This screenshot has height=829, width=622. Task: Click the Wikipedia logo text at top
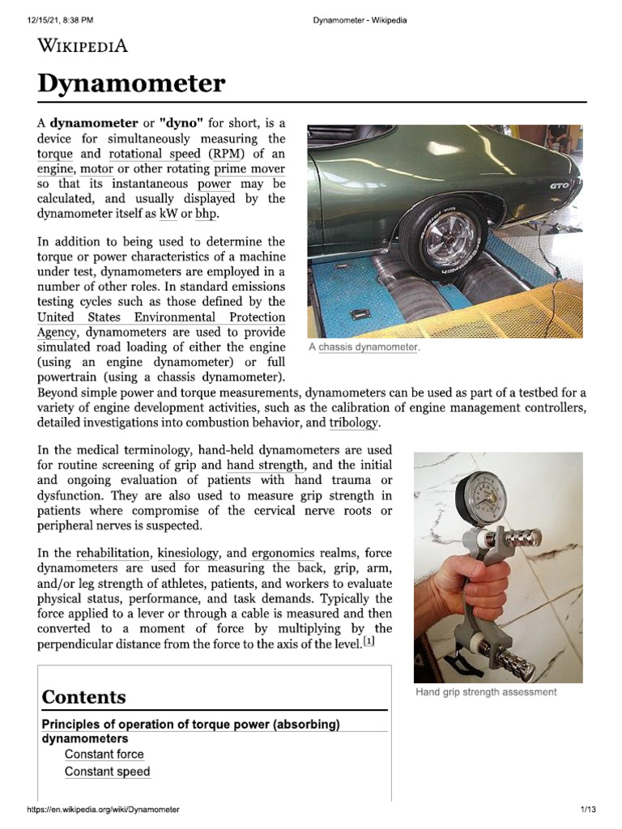click(x=83, y=45)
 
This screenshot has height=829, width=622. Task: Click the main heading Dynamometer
click(x=131, y=83)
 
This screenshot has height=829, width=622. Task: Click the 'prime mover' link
click(x=249, y=168)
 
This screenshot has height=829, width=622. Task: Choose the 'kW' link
click(x=168, y=213)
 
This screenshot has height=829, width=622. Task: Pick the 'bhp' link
click(x=207, y=213)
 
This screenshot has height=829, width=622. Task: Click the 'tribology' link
click(x=353, y=423)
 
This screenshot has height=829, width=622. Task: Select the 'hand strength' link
click(x=266, y=466)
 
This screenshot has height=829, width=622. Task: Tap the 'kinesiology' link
click(x=188, y=554)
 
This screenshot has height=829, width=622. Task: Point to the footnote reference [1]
click(x=369, y=642)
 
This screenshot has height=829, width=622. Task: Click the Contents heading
click(x=83, y=697)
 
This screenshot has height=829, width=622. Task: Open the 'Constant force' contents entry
click(x=104, y=755)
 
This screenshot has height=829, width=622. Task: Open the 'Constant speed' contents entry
click(x=107, y=772)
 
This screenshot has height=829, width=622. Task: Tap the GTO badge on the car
click(x=559, y=186)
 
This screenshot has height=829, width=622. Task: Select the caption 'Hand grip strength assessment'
click(x=486, y=692)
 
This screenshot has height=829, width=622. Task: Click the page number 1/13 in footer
click(x=587, y=810)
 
